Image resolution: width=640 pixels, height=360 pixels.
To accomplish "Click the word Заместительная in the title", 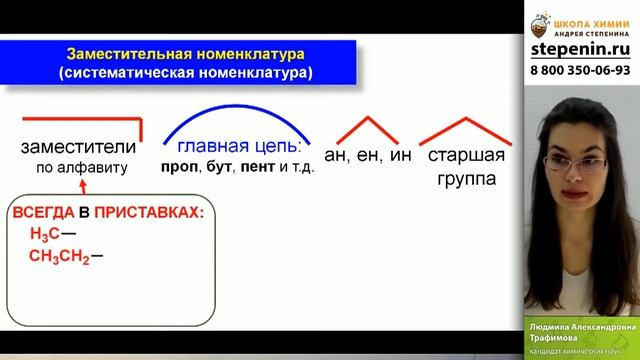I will (x=122, y=52).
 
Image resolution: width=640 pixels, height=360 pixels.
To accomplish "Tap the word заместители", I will (x=77, y=148).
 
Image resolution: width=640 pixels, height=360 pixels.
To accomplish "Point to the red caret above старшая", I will (x=463, y=127).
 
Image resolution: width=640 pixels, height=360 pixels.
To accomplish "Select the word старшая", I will (x=463, y=156).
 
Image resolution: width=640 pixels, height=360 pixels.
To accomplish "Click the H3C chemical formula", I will (x=45, y=235).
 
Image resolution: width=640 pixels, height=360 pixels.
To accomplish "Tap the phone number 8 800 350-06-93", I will (x=579, y=70).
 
